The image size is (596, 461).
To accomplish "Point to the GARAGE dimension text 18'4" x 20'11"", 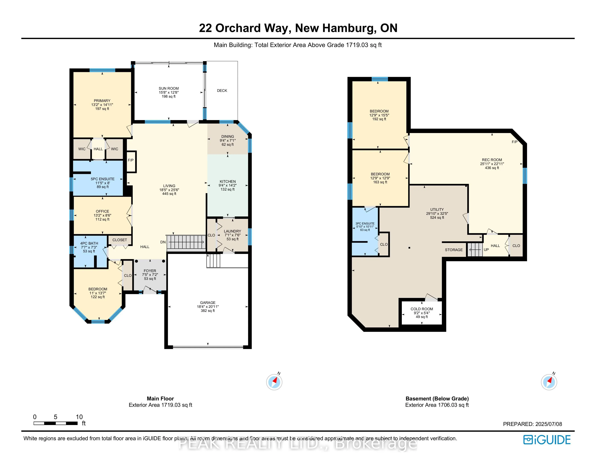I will tap(208, 307).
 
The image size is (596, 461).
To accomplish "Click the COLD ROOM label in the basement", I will tap(422, 309).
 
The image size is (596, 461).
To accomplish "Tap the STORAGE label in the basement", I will tap(454, 250).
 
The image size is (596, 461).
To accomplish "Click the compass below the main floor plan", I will tap(274, 382).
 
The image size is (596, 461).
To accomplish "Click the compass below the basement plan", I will tap(549, 382).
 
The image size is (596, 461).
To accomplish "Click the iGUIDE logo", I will tap(547, 440).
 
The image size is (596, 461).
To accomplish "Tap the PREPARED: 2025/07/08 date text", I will tap(532, 424).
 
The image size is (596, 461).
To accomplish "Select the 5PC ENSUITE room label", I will tap(103, 179).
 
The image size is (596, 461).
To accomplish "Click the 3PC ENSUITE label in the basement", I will tap(365, 223).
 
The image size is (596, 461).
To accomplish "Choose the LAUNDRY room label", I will tap(232, 231).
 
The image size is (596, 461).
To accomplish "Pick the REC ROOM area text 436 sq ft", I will tap(492, 168).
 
